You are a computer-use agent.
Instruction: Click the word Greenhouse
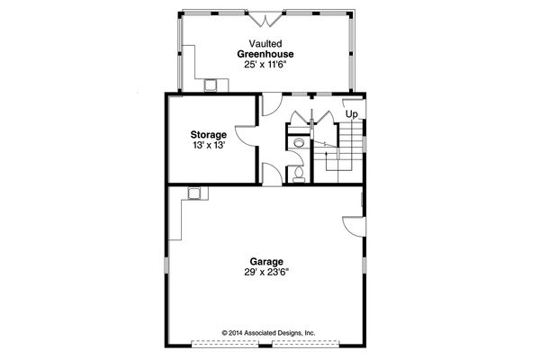coord(265,54)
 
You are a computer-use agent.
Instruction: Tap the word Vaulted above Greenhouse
coord(265,43)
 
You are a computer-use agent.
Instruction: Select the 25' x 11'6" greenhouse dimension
coord(265,65)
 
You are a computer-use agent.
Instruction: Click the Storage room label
coord(208,135)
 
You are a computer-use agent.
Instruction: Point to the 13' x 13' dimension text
coord(208,146)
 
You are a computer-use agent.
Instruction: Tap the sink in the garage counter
coord(193,192)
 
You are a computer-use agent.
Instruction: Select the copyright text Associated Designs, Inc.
coord(269,333)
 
